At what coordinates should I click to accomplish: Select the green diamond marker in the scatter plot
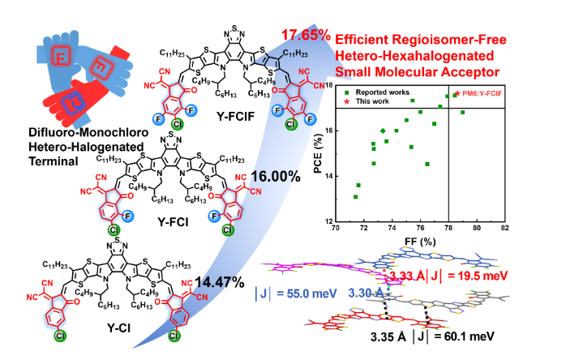coord(383,130)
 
